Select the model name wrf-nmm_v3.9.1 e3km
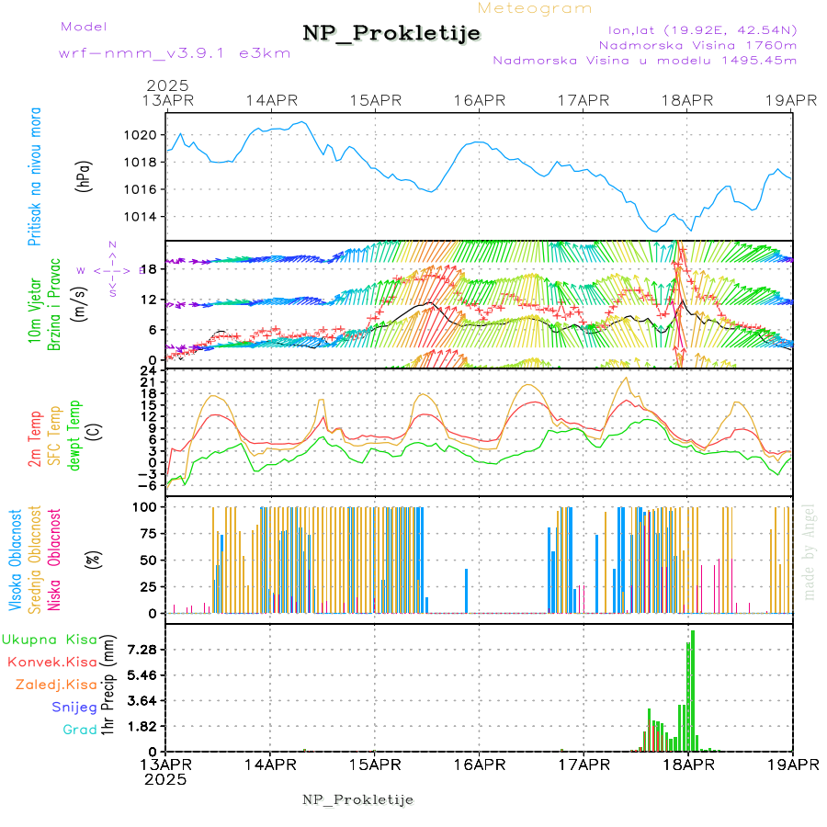coord(175,53)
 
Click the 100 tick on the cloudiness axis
coord(147,506)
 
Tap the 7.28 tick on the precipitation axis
coord(143,650)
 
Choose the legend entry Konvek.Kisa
coord(51,662)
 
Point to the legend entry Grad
coord(80,730)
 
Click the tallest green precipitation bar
coord(693,689)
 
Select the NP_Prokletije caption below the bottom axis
coord(357,799)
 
